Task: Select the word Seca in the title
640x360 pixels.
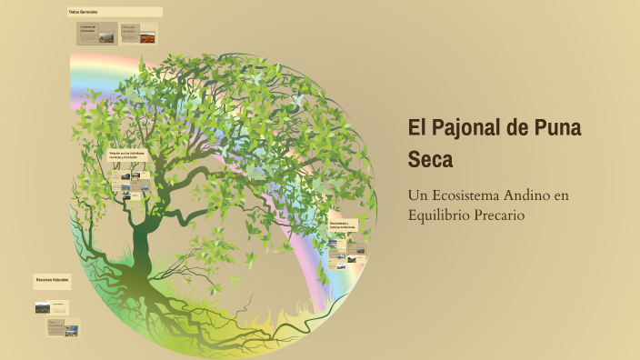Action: pyautogui.click(x=430, y=160)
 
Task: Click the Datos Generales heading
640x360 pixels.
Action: pyautogui.click(x=83, y=12)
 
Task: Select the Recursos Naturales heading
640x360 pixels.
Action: pyautogui.click(x=52, y=278)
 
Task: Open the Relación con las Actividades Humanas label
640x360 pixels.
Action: pyautogui.click(x=127, y=155)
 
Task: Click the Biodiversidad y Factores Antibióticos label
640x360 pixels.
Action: pyautogui.click(x=343, y=224)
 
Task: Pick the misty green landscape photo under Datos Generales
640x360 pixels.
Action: pyautogui.click(x=106, y=38)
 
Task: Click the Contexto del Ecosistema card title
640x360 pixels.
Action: pyautogui.click(x=89, y=28)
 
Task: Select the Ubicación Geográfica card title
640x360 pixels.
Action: pyautogui.click(x=129, y=30)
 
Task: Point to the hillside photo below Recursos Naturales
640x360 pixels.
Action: pyautogui.click(x=43, y=307)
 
